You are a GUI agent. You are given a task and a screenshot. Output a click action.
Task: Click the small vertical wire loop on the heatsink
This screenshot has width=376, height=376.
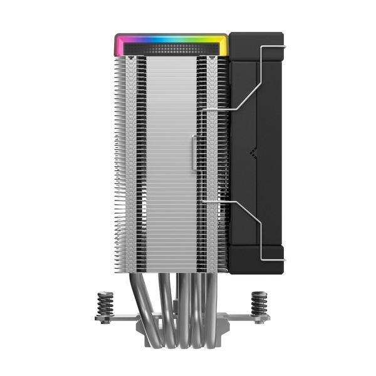coord(194,150)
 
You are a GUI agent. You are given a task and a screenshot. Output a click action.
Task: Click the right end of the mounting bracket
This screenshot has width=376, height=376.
coord(263,318)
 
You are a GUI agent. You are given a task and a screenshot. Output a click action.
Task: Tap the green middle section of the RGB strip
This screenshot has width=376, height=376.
coord(172,39)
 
